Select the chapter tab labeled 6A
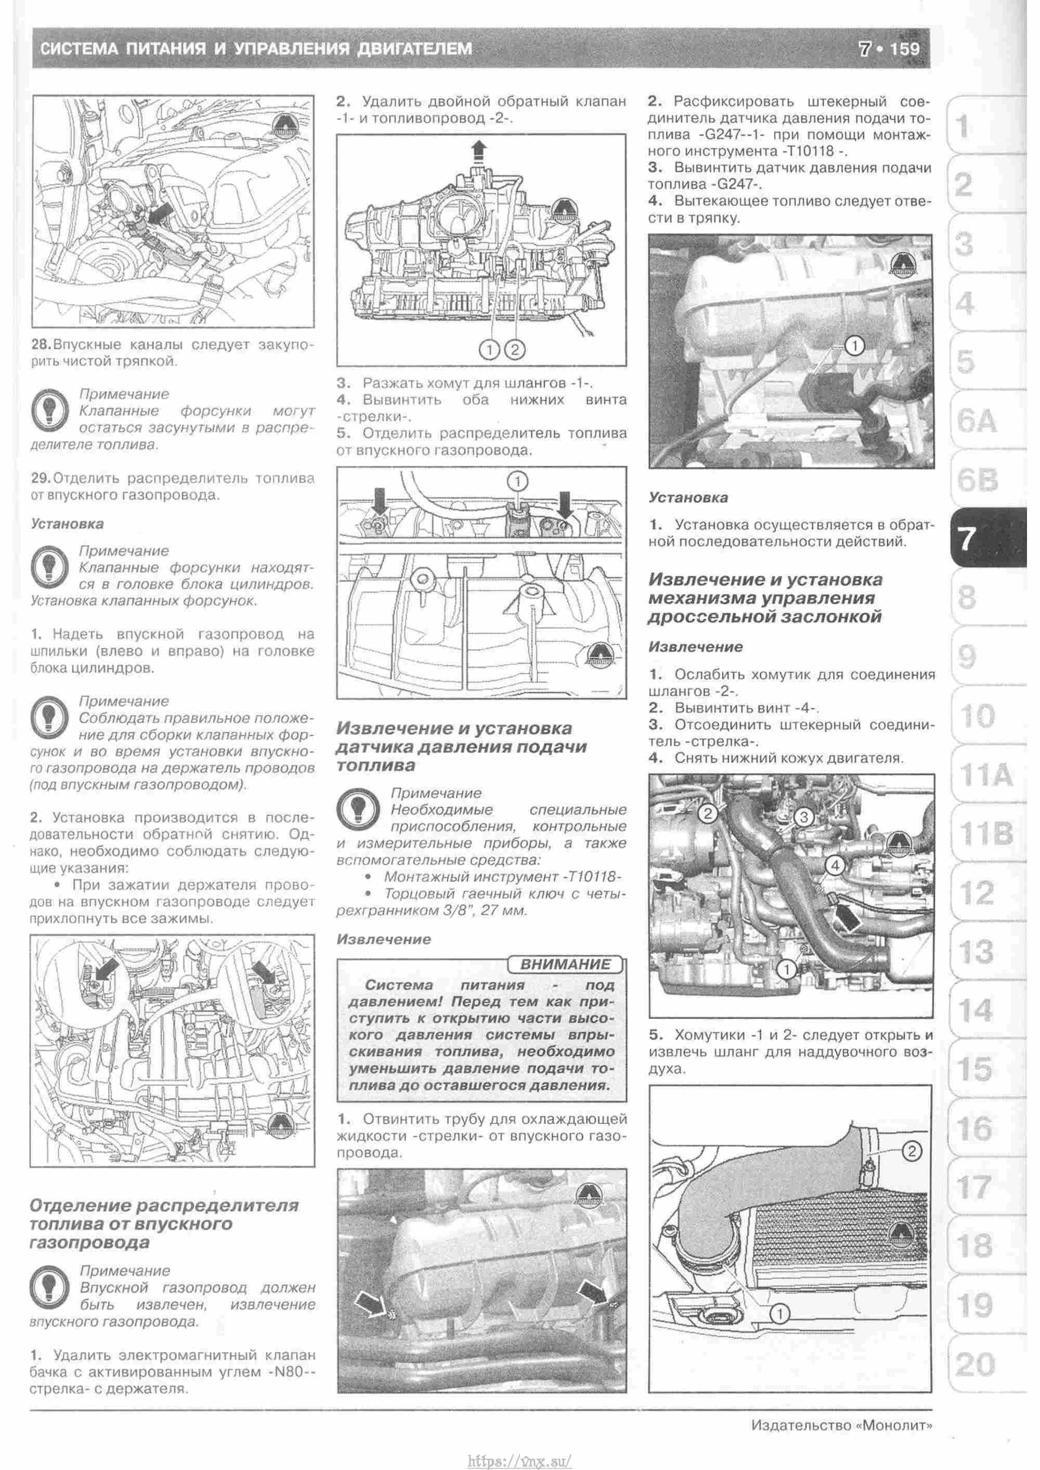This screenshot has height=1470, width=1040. click(976, 421)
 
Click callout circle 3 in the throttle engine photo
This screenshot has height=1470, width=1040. click(804, 817)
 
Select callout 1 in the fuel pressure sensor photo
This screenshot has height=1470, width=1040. click(854, 346)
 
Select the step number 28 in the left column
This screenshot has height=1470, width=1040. click(41, 345)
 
